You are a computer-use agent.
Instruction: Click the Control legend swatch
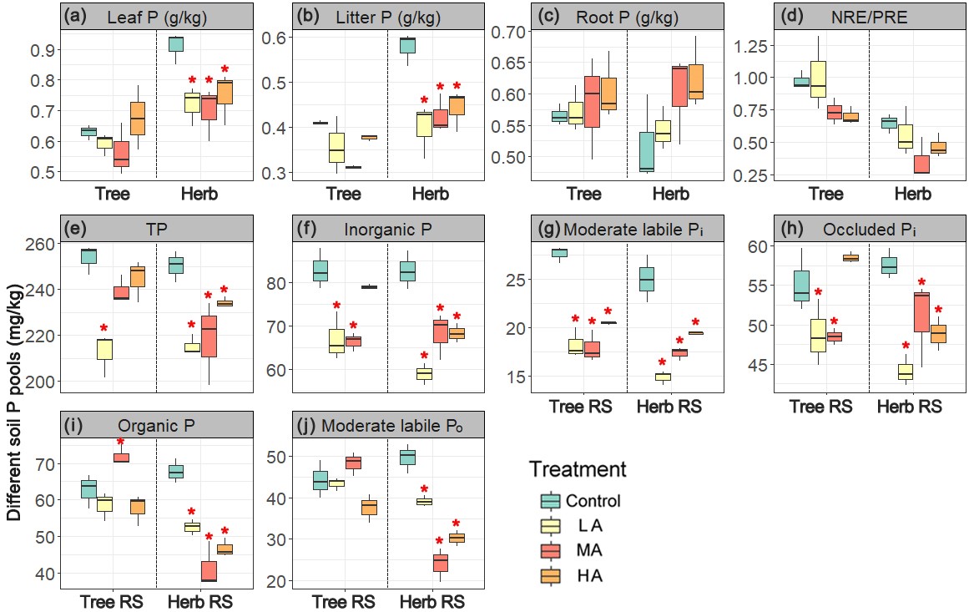pyautogui.click(x=551, y=501)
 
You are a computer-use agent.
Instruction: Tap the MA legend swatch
pyautogui.click(x=551, y=550)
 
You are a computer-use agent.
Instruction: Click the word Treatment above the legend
pyautogui.click(x=577, y=469)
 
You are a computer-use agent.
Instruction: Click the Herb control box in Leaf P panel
pyautogui.click(x=176, y=44)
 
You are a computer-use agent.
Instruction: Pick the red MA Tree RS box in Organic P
pyautogui.click(x=121, y=457)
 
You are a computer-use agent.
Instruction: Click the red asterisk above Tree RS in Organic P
pyautogui.click(x=121, y=443)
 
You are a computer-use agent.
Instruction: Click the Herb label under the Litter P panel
pyautogui.click(x=431, y=195)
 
